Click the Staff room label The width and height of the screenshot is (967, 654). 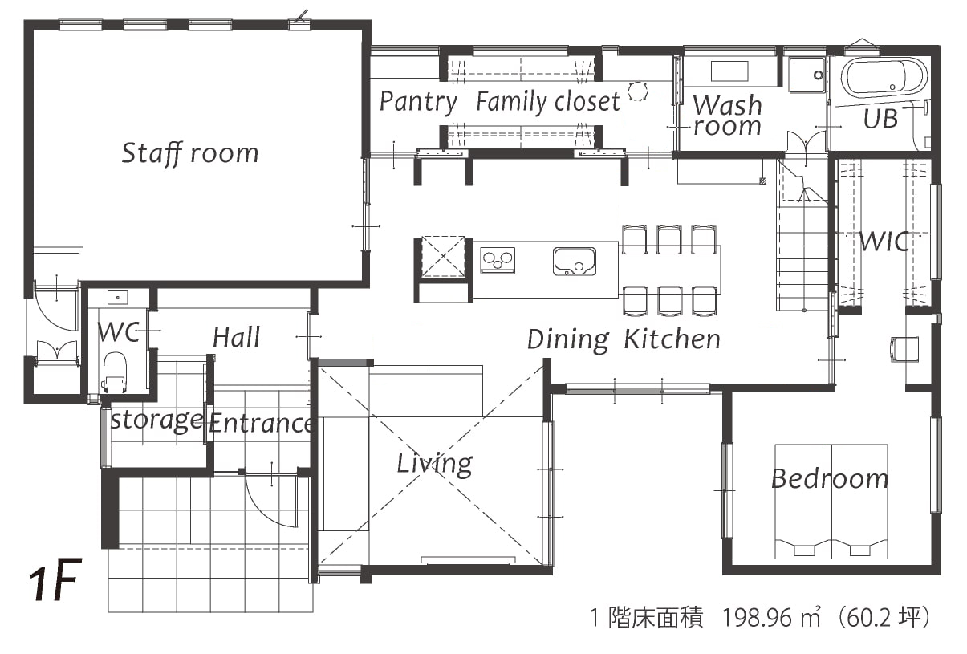point(190,153)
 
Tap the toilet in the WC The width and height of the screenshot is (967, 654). point(115,372)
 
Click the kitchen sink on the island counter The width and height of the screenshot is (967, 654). point(574,262)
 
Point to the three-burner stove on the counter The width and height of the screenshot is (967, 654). point(498,260)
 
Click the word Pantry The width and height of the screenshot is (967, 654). point(418,102)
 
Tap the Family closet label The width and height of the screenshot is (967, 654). point(548,102)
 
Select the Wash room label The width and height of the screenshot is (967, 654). point(727,116)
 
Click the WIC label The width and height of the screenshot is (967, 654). point(884,242)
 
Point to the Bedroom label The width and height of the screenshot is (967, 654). point(830,479)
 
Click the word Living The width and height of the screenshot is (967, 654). point(435,465)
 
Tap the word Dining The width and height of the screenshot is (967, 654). point(568,340)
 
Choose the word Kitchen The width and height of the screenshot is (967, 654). point(672,339)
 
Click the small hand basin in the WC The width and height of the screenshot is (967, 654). point(117,297)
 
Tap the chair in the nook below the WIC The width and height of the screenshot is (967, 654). point(904,350)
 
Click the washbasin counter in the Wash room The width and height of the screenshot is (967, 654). point(729,71)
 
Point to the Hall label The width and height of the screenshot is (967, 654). point(237,337)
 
